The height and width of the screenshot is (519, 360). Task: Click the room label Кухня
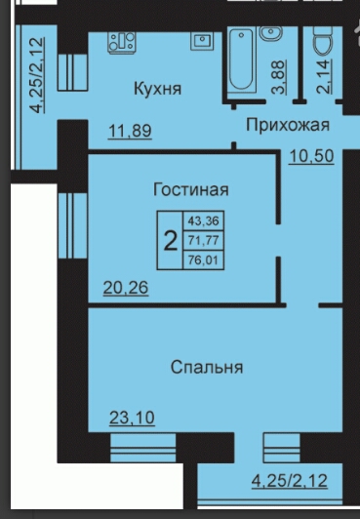click(157, 89)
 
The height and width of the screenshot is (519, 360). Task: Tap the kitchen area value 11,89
click(130, 131)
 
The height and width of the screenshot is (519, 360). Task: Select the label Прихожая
click(288, 125)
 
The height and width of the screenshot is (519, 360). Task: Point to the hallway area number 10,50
click(311, 156)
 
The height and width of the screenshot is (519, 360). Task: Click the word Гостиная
click(191, 190)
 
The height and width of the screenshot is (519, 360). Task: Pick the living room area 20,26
click(126, 287)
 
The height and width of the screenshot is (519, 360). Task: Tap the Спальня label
click(207, 368)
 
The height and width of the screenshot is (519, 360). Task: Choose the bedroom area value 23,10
click(132, 418)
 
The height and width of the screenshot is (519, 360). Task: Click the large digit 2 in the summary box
click(171, 241)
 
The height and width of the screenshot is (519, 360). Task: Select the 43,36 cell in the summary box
click(204, 220)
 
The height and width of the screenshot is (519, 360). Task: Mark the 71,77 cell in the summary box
click(204, 240)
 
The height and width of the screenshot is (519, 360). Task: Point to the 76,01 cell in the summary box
click(204, 259)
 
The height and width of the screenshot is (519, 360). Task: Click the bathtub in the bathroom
click(242, 60)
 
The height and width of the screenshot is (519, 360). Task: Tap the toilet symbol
click(324, 40)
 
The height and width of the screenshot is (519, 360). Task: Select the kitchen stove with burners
click(122, 42)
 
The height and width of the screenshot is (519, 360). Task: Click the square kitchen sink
click(202, 41)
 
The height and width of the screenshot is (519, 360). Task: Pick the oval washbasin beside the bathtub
click(271, 33)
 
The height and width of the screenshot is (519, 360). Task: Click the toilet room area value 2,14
click(324, 76)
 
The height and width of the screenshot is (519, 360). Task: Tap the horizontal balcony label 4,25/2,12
click(290, 481)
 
